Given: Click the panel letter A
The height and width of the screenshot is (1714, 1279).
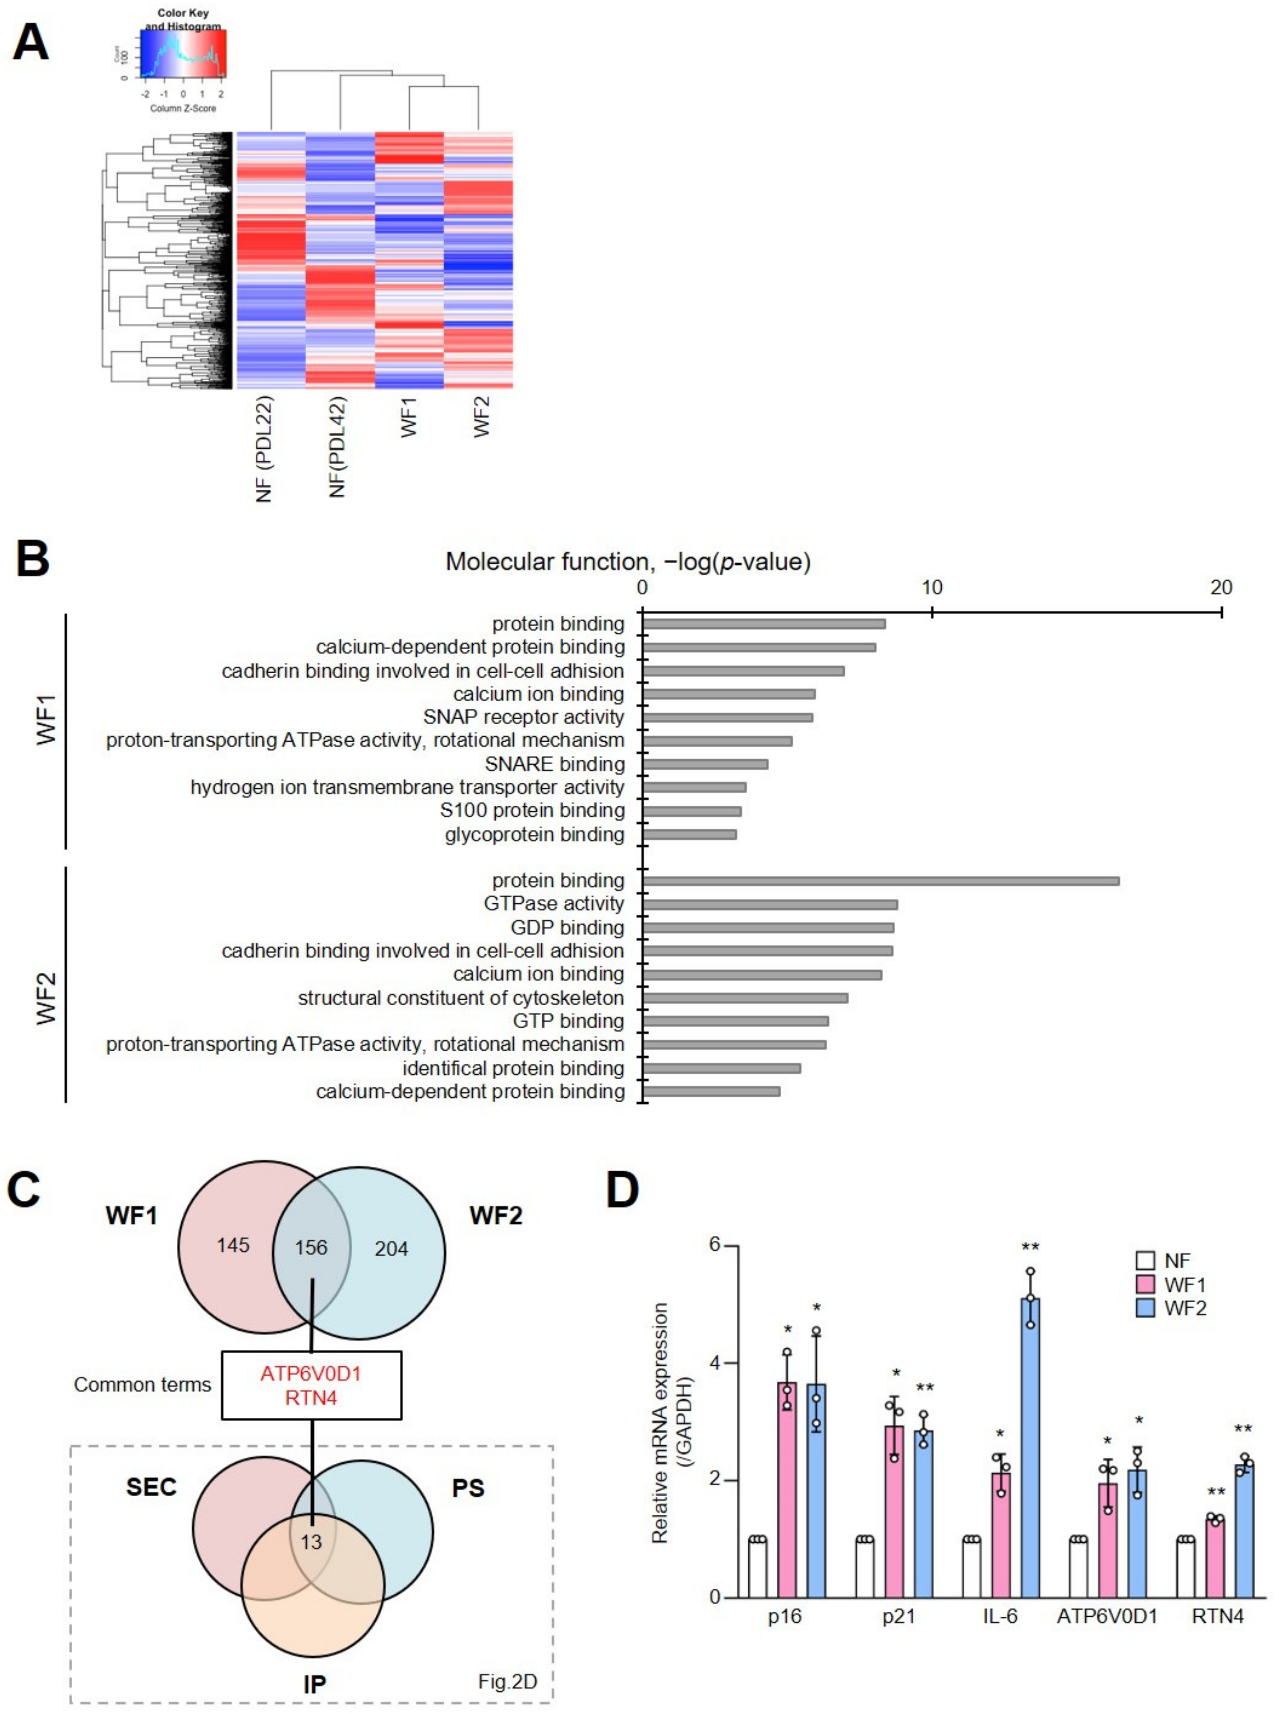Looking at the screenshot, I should (x=31, y=43).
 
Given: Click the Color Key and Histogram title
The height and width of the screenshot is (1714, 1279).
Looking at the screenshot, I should (x=183, y=19).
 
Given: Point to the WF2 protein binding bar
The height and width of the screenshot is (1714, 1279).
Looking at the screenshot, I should (x=880, y=880).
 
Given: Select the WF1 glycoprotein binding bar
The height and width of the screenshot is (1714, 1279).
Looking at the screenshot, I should (x=689, y=834).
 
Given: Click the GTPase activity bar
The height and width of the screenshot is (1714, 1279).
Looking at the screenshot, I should (x=769, y=904).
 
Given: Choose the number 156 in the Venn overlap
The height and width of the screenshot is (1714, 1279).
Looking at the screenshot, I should (x=311, y=1247).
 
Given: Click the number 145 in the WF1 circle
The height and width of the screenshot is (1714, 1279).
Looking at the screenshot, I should (x=233, y=1245).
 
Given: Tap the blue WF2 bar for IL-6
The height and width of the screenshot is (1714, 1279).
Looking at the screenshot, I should (x=1030, y=1447).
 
